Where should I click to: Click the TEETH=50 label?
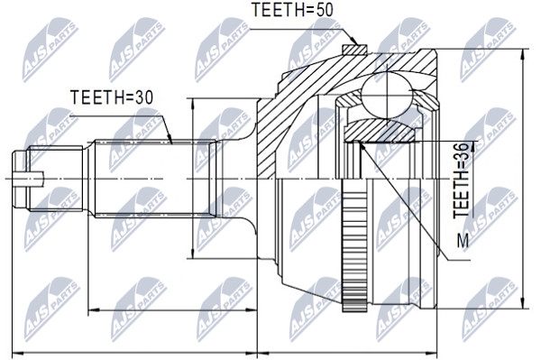292,10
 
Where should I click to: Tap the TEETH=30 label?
112,97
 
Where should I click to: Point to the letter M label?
463,241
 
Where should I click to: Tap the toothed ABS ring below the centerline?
354,245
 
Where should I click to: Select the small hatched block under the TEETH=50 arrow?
354,50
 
